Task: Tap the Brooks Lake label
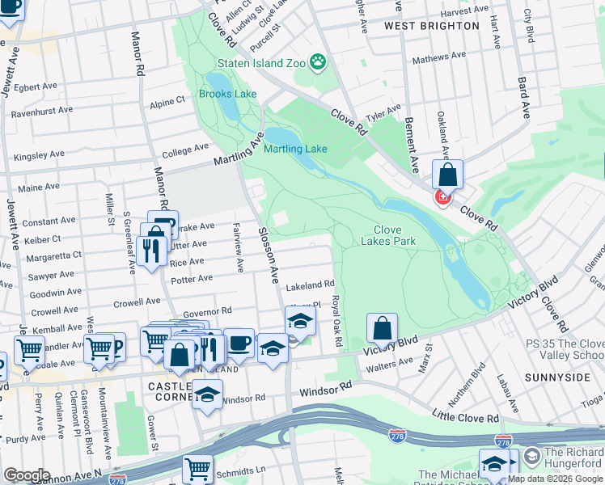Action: pyautogui.click(x=227, y=94)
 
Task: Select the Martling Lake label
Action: pyautogui.click(x=295, y=149)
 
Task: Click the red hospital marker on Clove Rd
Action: pyautogui.click(x=443, y=196)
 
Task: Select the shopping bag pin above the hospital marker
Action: pyautogui.click(x=447, y=174)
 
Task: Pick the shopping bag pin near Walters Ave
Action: pyautogui.click(x=383, y=328)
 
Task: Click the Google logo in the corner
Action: pyautogui.click(x=27, y=475)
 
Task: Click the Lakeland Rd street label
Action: pyautogui.click(x=310, y=285)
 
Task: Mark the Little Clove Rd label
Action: pyautogui.click(x=465, y=418)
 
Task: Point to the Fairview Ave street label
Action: pyautogui.click(x=238, y=247)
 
